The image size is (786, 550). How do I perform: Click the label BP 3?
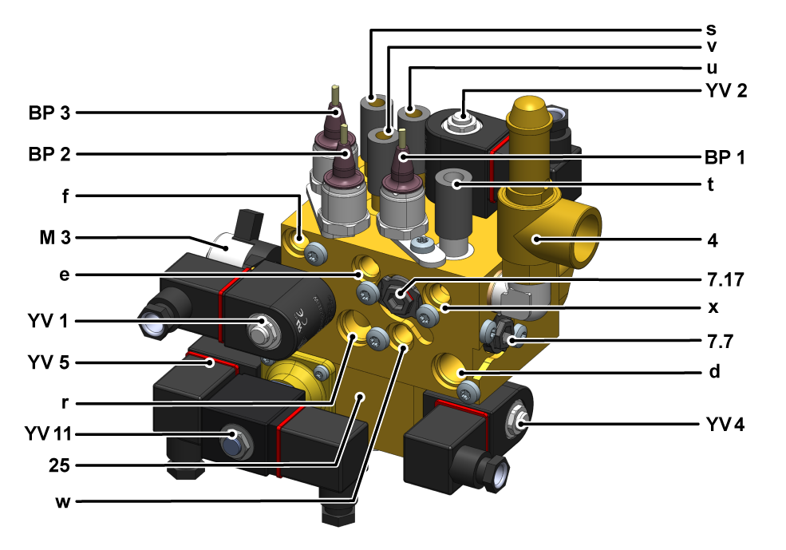pos(49,113)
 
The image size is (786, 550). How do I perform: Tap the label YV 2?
pos(726,91)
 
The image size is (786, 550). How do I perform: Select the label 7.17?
pos(725,279)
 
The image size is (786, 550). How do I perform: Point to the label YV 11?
pos(48,433)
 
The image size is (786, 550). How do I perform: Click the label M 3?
pos(55,238)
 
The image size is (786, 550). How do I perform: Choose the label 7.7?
pos(721,342)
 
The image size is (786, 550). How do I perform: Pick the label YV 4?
pos(725,425)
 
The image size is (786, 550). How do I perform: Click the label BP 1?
pos(725,157)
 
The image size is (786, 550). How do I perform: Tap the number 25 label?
pos(59,465)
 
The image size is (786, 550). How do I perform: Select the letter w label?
pos(63,501)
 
